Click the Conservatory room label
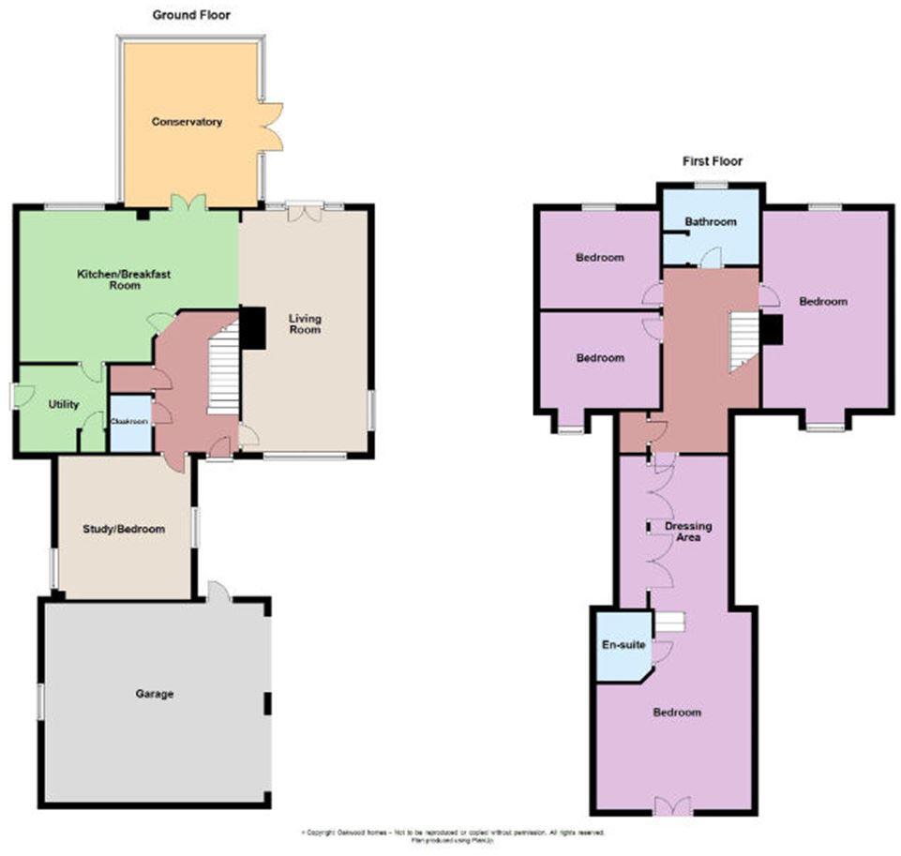click(x=188, y=122)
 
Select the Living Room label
click(x=305, y=324)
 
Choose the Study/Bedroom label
click(x=125, y=529)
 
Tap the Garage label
click(x=155, y=694)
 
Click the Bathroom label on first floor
click(x=710, y=222)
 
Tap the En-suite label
click(x=620, y=645)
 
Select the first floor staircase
click(x=743, y=339)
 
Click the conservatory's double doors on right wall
click(x=272, y=126)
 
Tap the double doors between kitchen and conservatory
click(x=188, y=202)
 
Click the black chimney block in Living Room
click(x=252, y=328)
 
